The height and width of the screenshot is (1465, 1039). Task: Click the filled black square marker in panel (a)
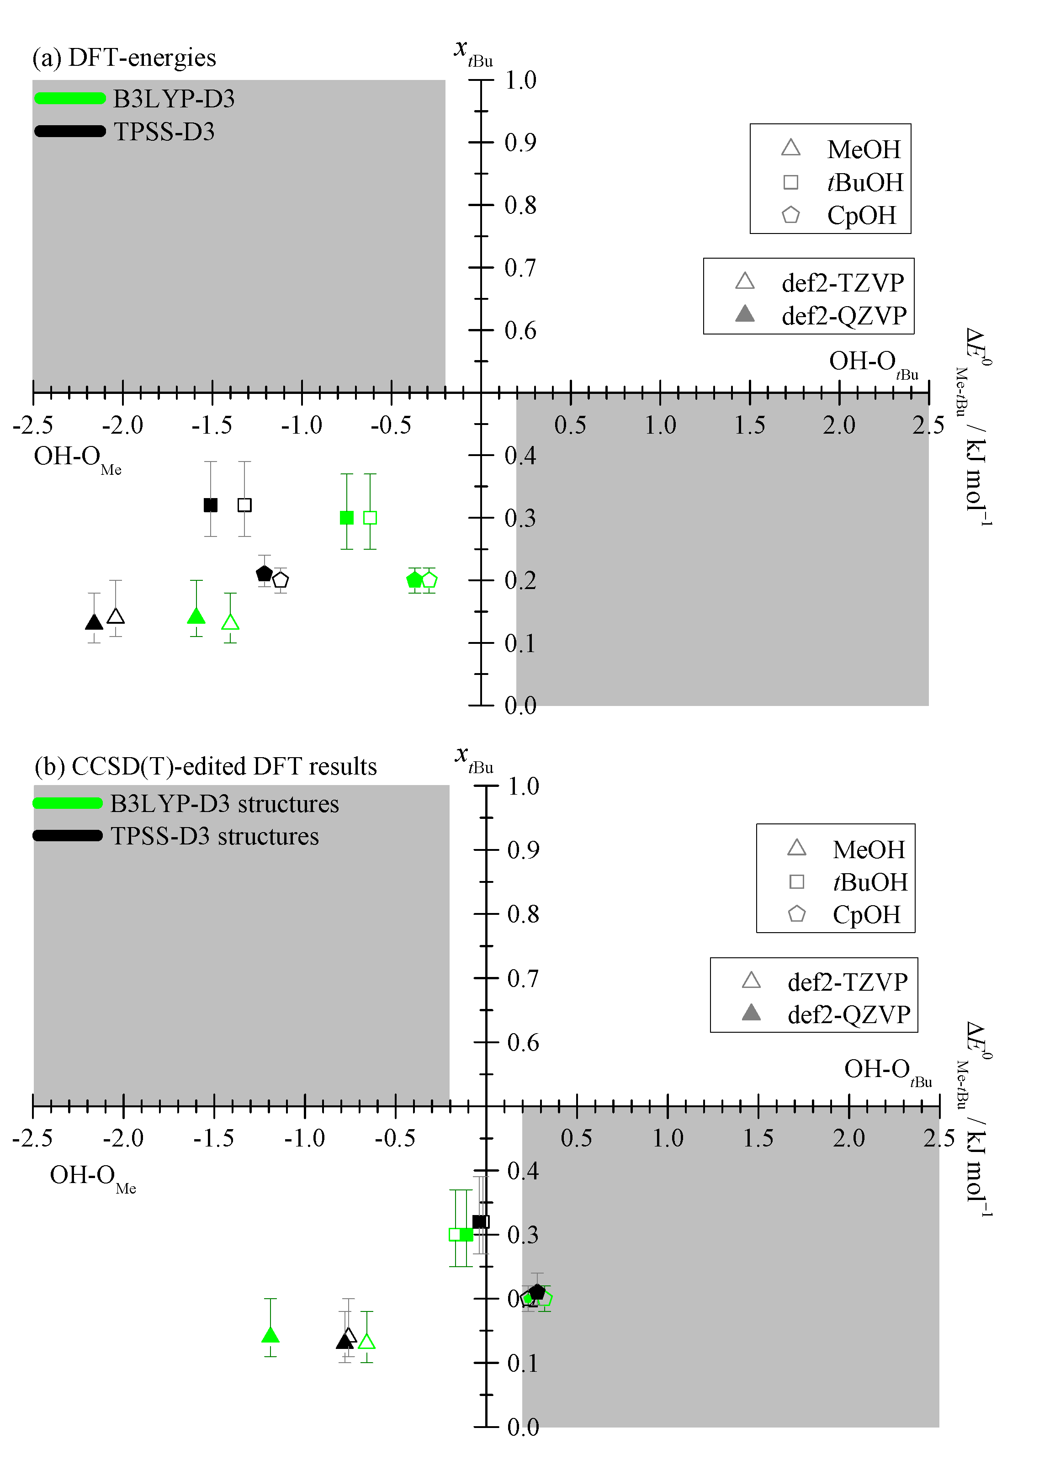(x=211, y=505)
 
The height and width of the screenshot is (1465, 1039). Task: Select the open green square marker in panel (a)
(x=370, y=518)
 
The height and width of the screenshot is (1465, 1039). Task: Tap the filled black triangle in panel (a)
(x=94, y=622)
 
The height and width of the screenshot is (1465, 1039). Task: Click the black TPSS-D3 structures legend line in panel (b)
(x=68, y=835)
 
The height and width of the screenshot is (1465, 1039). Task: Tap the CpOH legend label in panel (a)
(x=861, y=216)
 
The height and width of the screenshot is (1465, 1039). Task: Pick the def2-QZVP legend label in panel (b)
(x=848, y=1014)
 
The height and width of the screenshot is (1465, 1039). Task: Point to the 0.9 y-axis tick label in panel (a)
(x=520, y=143)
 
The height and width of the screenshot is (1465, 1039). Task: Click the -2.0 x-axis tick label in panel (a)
(x=123, y=425)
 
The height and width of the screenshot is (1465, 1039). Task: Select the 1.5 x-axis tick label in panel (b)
(x=758, y=1138)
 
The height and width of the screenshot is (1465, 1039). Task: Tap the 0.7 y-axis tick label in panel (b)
(x=523, y=978)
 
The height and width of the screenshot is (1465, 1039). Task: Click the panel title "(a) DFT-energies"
(x=124, y=58)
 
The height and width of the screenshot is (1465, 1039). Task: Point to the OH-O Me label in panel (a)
(x=77, y=458)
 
